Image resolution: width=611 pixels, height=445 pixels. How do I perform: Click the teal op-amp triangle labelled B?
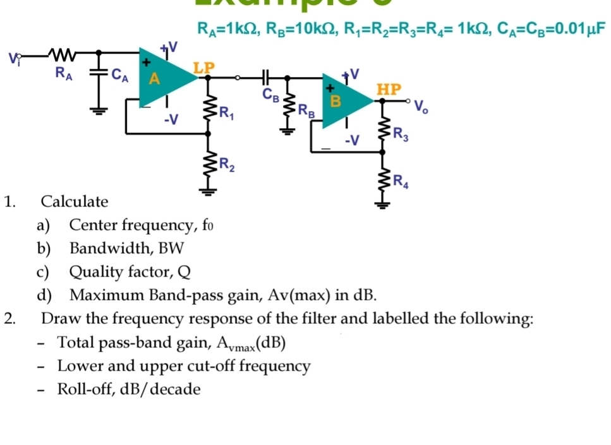pyautogui.click(x=342, y=102)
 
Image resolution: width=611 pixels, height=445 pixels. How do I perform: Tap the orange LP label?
pyautogui.click(x=203, y=66)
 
